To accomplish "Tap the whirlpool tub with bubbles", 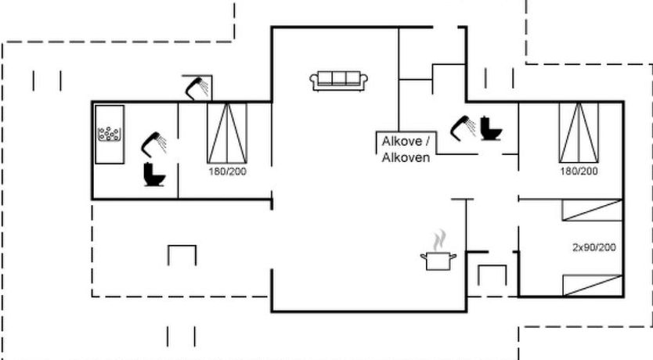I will [x=110, y=135].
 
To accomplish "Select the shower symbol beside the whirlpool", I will [x=153, y=144].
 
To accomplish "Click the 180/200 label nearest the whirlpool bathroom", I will [x=228, y=171].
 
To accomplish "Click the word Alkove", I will [x=406, y=142].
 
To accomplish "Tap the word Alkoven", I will [x=406, y=157].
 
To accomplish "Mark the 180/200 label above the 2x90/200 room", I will [x=579, y=171].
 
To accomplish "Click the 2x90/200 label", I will [x=593, y=247].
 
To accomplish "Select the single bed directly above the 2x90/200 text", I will [x=592, y=211].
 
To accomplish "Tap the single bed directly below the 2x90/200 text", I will [x=592, y=285].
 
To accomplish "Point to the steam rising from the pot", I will [x=441, y=238].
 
